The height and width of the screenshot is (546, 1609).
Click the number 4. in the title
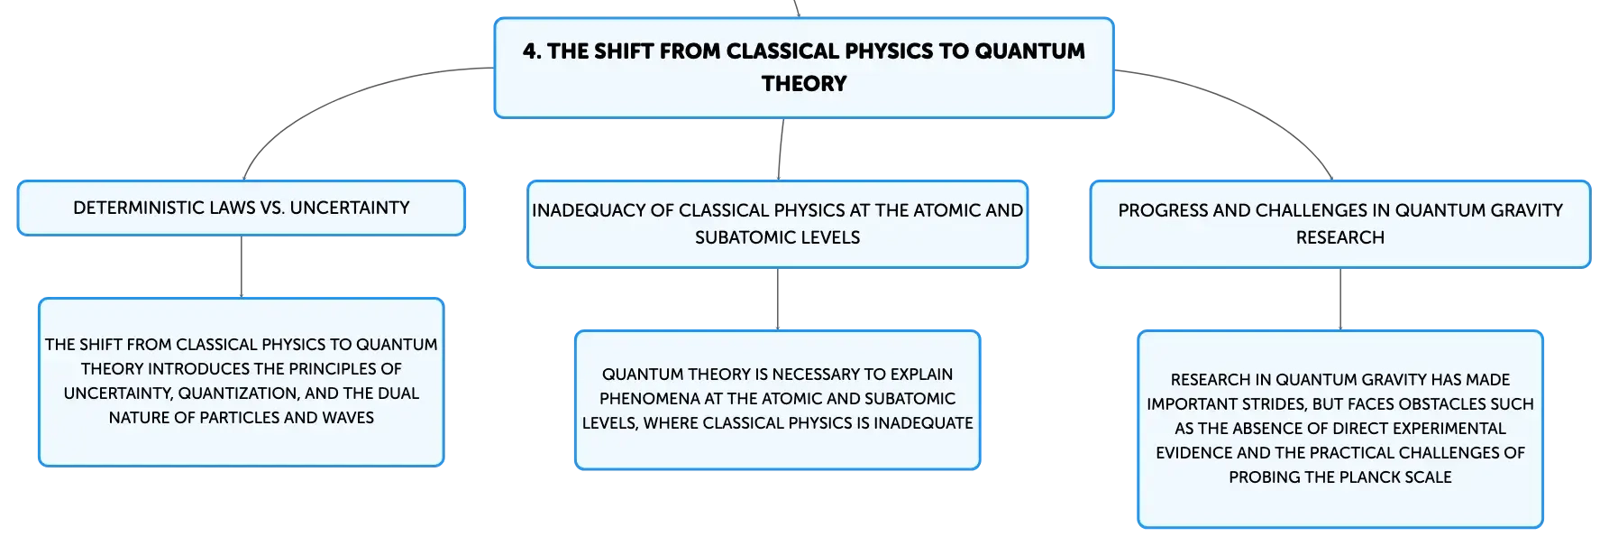(532, 51)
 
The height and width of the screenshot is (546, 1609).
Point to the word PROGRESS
(1156, 210)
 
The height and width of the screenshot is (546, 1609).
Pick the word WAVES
(348, 418)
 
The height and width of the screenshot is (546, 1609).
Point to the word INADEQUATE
(923, 423)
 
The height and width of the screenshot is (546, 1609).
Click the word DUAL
(398, 393)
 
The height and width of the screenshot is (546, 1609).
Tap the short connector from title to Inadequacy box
(781, 150)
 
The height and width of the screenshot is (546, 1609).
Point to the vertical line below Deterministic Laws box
(242, 267)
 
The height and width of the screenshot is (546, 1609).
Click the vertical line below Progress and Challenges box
(1340, 300)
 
